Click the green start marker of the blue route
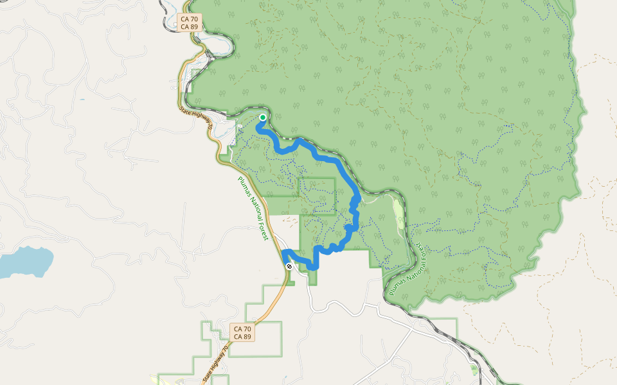[263, 117]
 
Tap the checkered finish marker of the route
[290, 265]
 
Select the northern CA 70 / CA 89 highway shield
[190, 23]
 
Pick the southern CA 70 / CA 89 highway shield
[242, 332]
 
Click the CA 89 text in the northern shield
[190, 27]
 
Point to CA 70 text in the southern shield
[242, 329]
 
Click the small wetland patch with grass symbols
[474, 369]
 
